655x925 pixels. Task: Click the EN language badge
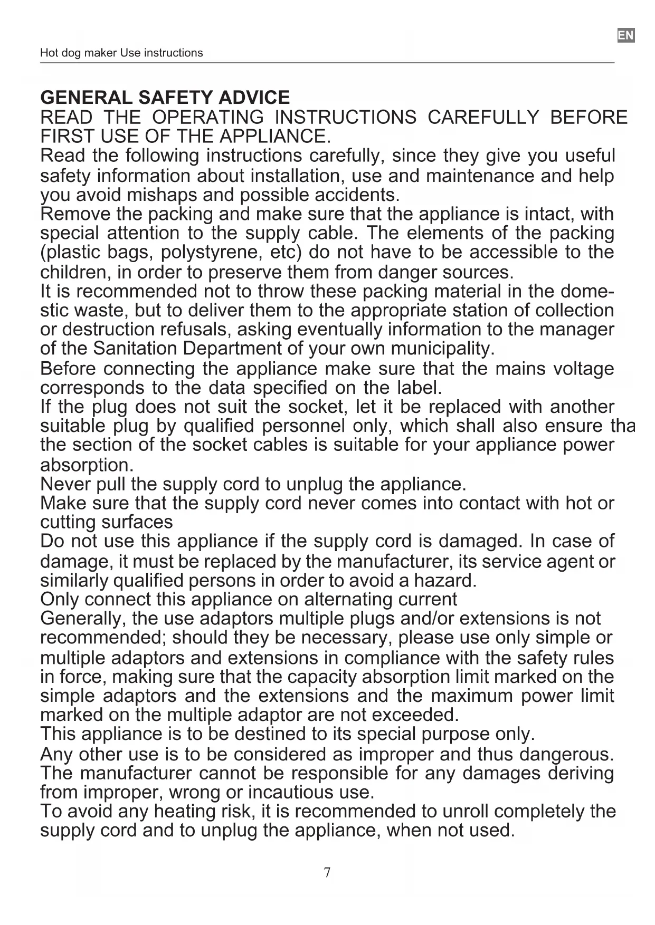pyautogui.click(x=625, y=36)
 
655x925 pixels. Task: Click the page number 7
pyautogui.click(x=327, y=872)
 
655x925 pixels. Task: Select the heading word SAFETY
pyautogui.click(x=175, y=98)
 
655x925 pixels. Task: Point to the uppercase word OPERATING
pyautogui.click(x=207, y=117)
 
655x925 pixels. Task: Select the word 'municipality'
pyautogui.click(x=442, y=349)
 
